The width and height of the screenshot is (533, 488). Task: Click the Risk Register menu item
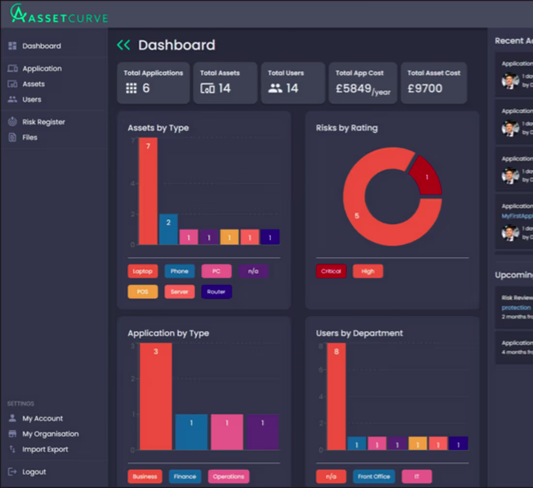[x=43, y=122]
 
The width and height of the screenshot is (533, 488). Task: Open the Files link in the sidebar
[x=30, y=137]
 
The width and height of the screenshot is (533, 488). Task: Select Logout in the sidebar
[x=34, y=472]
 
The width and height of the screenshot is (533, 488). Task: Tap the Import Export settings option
[x=45, y=449]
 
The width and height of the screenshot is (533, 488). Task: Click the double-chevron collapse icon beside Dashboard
[x=124, y=45]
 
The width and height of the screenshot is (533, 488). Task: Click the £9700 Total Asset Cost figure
[x=424, y=89]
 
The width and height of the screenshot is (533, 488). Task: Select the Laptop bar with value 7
[x=148, y=191]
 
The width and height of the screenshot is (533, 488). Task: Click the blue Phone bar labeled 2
[x=169, y=229]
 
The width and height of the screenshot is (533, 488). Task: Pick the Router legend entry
[x=216, y=292]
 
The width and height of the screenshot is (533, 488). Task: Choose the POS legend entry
[x=142, y=292]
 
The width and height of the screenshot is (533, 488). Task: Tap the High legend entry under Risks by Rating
[x=368, y=271]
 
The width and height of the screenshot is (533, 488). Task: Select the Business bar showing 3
[x=156, y=396]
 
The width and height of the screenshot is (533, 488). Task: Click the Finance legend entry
[x=185, y=476]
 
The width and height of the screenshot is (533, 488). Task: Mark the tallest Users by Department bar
[x=336, y=396]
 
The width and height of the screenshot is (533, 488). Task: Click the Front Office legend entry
[x=374, y=476]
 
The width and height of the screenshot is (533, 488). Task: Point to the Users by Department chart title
[x=359, y=333]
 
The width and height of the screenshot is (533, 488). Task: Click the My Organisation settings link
[x=50, y=434]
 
